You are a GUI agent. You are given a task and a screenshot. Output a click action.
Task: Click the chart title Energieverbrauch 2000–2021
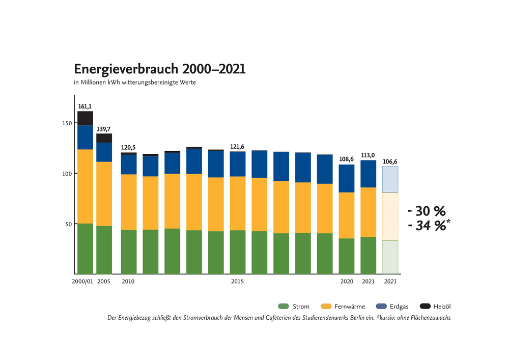click(159, 69)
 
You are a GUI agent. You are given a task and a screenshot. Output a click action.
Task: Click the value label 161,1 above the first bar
click(84, 107)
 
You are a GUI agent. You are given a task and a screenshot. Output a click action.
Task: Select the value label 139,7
click(104, 129)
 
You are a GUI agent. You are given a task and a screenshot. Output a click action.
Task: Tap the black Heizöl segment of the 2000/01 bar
click(85, 118)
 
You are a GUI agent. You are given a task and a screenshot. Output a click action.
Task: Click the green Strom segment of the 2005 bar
click(104, 250)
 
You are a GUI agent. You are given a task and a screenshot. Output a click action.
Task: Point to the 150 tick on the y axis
click(66, 123)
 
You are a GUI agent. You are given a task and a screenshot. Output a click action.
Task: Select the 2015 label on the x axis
click(237, 282)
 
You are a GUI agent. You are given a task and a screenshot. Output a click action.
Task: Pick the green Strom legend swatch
click(284, 307)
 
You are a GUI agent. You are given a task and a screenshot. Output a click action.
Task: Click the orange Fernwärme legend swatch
click(326, 307)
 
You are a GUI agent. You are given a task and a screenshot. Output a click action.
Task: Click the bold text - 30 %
click(427, 211)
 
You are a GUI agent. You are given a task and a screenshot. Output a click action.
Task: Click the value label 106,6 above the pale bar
click(390, 162)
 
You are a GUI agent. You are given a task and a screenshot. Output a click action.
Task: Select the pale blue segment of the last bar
click(390, 179)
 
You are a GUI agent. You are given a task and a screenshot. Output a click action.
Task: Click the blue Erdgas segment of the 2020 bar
click(347, 178)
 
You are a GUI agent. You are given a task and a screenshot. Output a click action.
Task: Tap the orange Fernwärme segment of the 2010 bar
click(128, 202)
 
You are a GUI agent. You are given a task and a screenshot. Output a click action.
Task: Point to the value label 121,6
click(237, 147)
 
